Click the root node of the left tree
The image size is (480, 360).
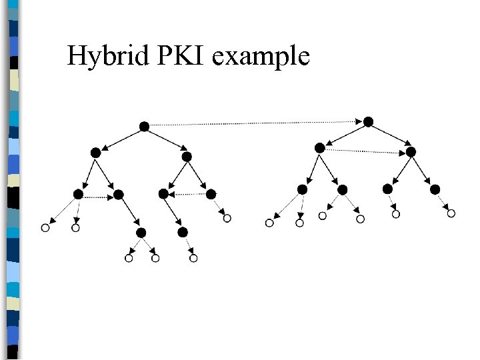point(143,126)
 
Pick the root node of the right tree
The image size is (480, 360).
point(368,121)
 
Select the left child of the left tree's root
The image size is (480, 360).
point(95,153)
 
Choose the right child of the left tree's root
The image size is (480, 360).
point(187,157)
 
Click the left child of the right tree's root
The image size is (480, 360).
point(320,147)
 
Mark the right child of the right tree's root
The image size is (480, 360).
point(411,152)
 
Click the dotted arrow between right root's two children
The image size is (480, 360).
point(365,150)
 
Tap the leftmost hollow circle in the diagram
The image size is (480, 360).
point(45,228)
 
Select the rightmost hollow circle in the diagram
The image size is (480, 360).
point(451,213)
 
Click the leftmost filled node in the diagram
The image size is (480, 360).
point(78,194)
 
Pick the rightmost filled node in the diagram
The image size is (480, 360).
point(435,190)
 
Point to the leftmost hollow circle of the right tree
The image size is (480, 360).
point(269,223)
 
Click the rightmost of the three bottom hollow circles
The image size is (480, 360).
point(193,258)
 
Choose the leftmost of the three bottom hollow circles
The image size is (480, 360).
point(129,258)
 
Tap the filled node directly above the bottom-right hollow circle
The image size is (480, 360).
point(183,232)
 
